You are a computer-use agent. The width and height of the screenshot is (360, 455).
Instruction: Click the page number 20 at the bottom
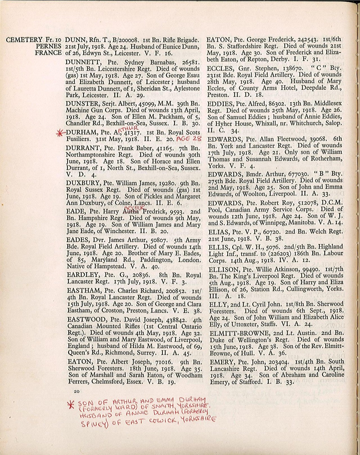pyautogui.click(x=76, y=391)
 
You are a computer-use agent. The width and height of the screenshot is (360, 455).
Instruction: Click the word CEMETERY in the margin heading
pyautogui.click(x=24, y=40)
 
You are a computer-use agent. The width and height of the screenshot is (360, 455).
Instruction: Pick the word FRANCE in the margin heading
pyautogui.click(x=48, y=53)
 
